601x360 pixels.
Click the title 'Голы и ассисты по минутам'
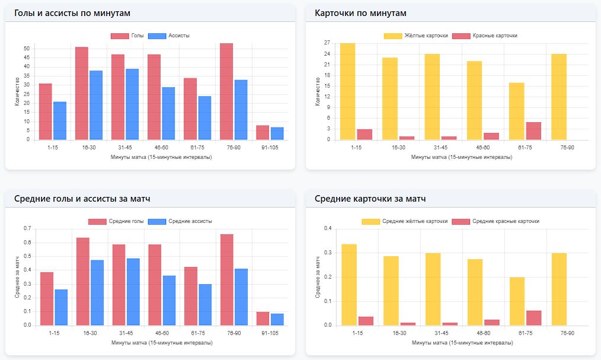(72, 13)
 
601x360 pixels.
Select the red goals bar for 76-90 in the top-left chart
(226, 92)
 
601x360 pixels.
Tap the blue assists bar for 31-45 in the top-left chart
(132, 104)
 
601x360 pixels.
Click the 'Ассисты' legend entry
(169, 36)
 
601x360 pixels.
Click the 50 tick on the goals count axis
(26, 49)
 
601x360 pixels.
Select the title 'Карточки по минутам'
(360, 13)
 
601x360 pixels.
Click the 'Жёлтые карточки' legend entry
(417, 36)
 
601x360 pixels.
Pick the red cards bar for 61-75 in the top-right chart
(533, 130)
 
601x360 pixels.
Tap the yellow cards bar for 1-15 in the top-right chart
(348, 91)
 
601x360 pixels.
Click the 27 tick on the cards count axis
(327, 43)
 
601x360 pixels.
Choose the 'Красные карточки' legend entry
(485, 36)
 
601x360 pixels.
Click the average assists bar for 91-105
(277, 319)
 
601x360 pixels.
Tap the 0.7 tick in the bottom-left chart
(27, 228)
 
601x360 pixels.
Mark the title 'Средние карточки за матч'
(370, 199)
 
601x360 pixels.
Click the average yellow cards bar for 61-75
(517, 301)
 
